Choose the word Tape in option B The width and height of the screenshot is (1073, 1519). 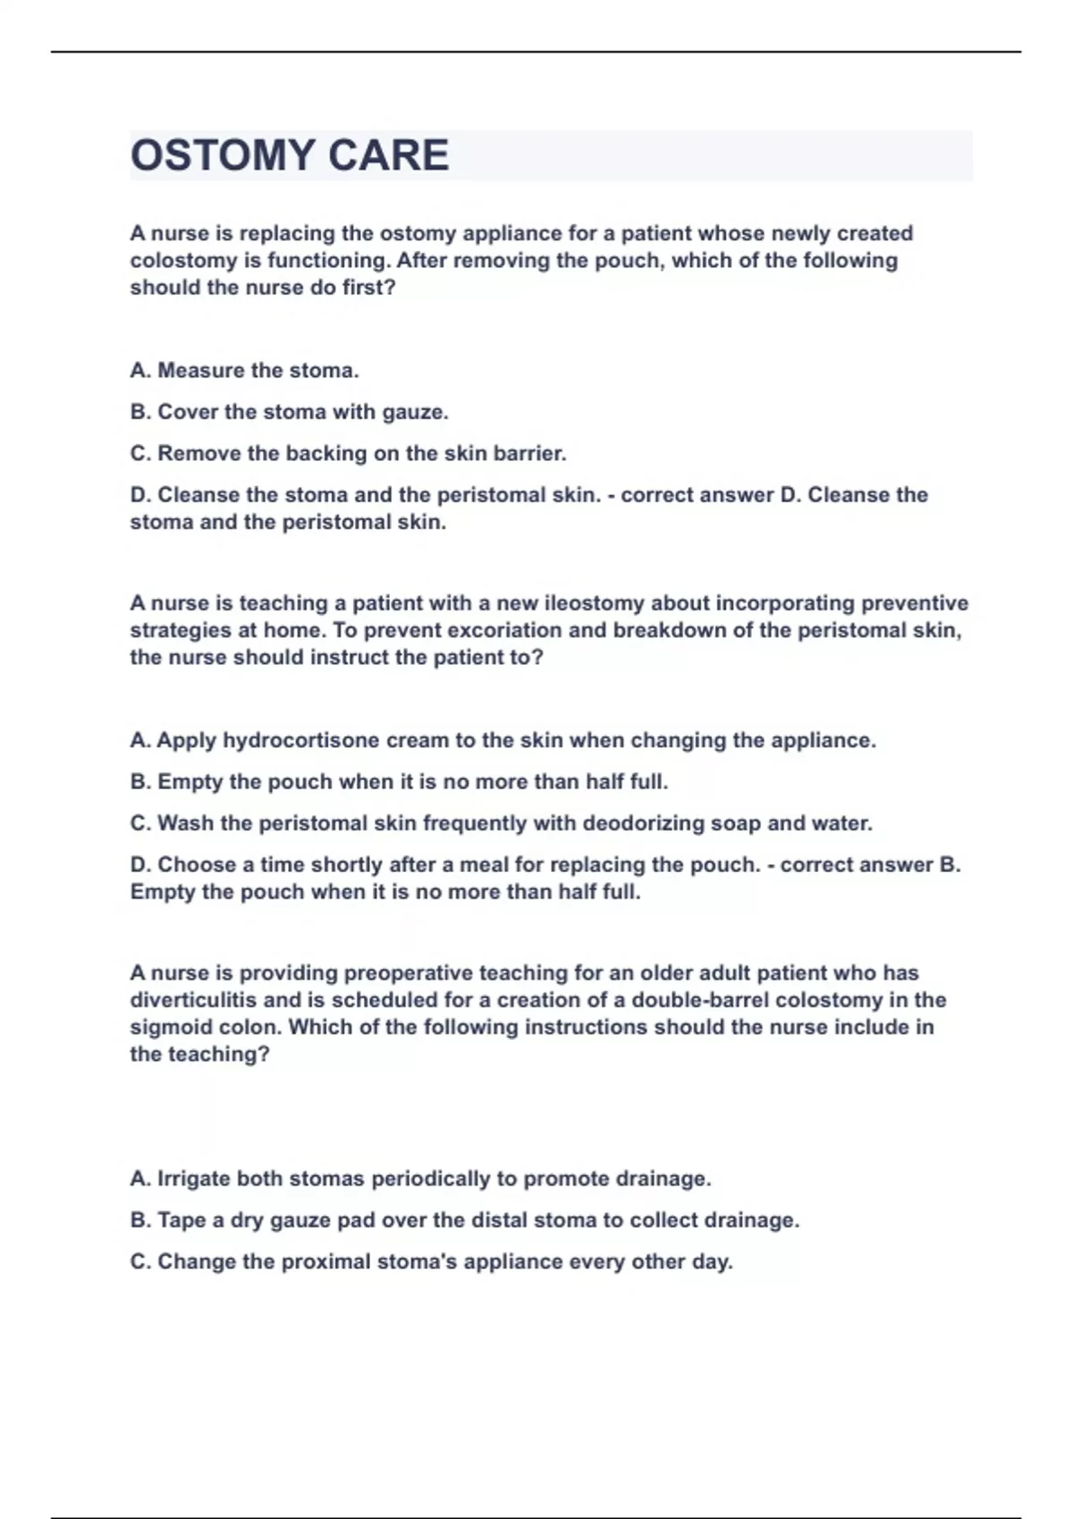pyautogui.click(x=182, y=1220)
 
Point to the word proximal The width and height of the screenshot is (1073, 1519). pyautogui.click(x=325, y=1262)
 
